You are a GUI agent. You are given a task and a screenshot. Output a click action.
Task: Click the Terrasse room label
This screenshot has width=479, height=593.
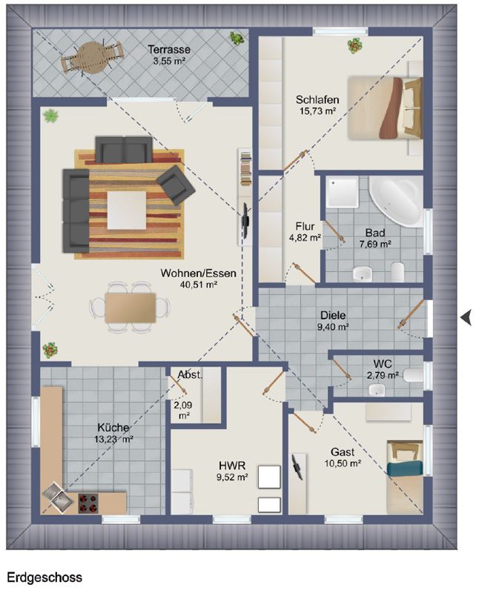[169, 50]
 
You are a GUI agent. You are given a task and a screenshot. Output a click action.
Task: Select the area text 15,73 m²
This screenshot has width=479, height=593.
[318, 111]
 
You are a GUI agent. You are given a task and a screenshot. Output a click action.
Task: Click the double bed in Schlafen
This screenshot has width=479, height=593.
[385, 107]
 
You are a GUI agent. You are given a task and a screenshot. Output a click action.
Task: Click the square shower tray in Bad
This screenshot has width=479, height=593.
[342, 192]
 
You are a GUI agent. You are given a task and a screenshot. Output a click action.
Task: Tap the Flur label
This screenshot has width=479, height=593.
[305, 227]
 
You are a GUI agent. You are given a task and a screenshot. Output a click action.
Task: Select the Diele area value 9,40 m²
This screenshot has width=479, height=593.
[333, 327]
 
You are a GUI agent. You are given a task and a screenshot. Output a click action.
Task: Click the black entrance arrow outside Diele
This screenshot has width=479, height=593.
[466, 317]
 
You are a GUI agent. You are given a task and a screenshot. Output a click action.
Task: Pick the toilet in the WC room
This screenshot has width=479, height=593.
[413, 375]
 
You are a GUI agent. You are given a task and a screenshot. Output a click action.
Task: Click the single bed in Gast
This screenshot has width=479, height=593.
[404, 477]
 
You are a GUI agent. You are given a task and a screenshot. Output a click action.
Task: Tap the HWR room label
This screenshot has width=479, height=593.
[232, 466]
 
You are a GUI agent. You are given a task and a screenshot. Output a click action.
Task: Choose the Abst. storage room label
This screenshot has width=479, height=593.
[190, 375]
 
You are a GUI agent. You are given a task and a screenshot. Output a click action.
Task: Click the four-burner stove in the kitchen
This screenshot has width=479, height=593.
[88, 503]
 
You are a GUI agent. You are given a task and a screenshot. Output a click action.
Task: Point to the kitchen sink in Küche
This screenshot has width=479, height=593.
[58, 498]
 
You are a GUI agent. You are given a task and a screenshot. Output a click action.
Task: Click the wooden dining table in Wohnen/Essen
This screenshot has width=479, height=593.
[131, 308]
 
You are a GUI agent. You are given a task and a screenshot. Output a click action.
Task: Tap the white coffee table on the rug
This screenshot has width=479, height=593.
[127, 211]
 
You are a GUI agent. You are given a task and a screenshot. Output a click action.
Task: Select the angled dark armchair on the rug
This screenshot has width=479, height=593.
[176, 185]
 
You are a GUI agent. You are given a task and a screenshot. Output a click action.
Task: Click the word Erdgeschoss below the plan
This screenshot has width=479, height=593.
[44, 578]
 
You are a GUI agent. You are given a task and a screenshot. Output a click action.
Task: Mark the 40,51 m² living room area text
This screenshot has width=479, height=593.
[198, 285]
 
